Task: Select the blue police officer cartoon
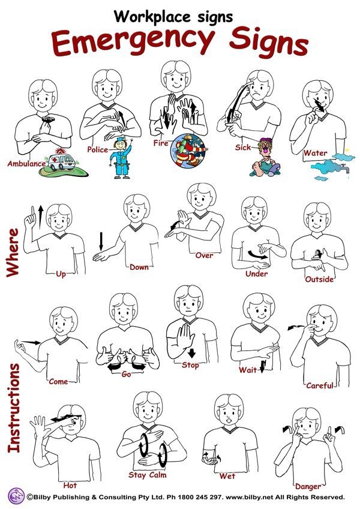(x=122, y=157)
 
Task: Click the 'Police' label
(x=97, y=149)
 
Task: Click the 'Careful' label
(x=319, y=385)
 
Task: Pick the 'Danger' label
(x=308, y=486)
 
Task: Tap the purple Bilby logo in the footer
(x=14, y=496)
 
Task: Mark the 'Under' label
(x=256, y=274)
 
